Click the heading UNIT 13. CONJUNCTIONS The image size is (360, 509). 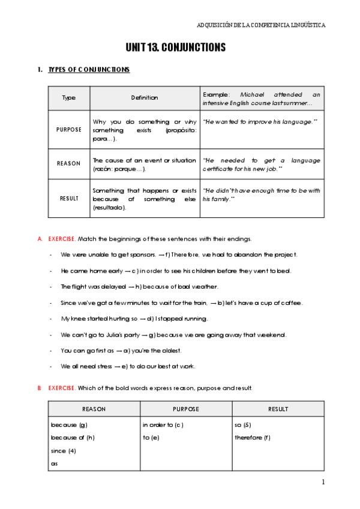(x=176, y=47)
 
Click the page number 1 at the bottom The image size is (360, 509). (x=323, y=482)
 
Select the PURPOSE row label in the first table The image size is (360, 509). (x=69, y=129)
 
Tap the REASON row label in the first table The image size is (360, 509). (x=69, y=163)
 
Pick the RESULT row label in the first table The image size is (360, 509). (x=69, y=198)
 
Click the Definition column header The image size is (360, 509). (x=145, y=98)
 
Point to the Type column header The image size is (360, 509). (x=69, y=98)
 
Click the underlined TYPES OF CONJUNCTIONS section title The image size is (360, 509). (x=89, y=70)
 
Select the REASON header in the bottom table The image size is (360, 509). (x=94, y=409)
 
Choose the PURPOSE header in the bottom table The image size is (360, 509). (x=186, y=409)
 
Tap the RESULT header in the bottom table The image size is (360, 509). (x=278, y=409)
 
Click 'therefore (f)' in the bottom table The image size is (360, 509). (x=253, y=437)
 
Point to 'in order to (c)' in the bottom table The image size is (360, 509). (x=163, y=425)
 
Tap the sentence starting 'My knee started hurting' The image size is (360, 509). (x=134, y=318)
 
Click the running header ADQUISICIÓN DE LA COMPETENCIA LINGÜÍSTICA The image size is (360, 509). (x=261, y=25)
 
